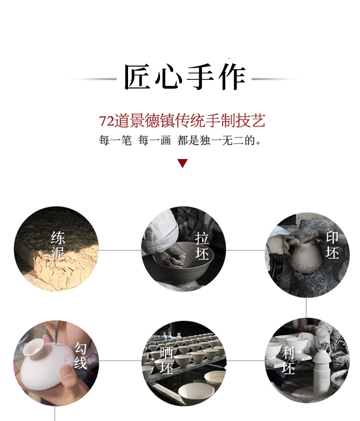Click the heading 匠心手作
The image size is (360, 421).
[x=185, y=77]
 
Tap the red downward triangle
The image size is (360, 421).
[x=183, y=163]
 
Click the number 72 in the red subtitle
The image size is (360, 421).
[x=107, y=121]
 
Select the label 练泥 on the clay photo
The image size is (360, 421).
[x=58, y=246]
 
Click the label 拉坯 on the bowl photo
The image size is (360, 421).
[x=202, y=246]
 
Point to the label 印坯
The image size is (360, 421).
[x=332, y=245]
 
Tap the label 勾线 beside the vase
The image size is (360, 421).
[x=81, y=355]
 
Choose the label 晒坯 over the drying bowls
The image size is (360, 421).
[x=166, y=360]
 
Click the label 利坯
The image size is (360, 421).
[x=288, y=360]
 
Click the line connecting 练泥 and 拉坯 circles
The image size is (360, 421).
[x=120, y=250]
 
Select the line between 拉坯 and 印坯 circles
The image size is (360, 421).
[x=246, y=250]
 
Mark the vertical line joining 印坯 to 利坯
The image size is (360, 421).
[x=306, y=308]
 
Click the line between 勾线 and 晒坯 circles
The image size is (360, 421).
[x=120, y=360]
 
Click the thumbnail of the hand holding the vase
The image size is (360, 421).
[x=56, y=363]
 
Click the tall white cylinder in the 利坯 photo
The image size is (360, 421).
[x=321, y=372]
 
